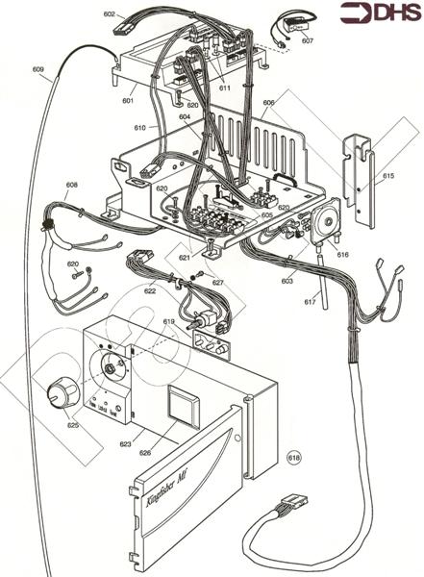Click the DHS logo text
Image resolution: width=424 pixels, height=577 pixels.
[390, 13]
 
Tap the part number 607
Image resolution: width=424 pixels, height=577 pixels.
[307, 41]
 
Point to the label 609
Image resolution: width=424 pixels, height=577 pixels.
[37, 69]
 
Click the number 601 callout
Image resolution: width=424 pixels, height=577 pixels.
[128, 99]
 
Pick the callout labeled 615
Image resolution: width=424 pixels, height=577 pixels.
[388, 177]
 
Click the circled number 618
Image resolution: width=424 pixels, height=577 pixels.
[295, 458]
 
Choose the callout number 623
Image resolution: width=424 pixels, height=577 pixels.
[125, 444]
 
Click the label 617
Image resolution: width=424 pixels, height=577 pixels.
[311, 302]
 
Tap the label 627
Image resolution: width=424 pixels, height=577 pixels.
[218, 283]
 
